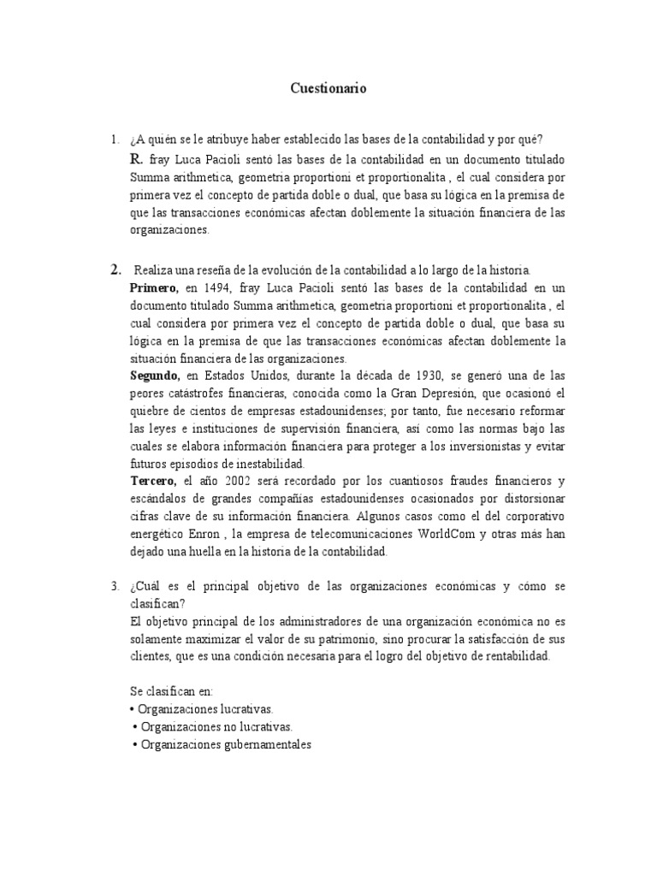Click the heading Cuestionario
coord(328,89)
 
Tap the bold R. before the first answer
coord(136,160)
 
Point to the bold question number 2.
coord(115,270)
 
